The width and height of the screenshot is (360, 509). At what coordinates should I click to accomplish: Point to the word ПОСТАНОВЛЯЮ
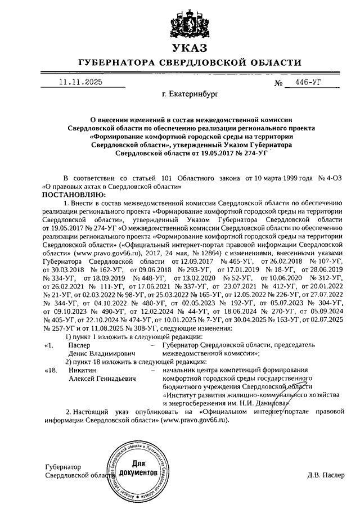[x=69, y=193]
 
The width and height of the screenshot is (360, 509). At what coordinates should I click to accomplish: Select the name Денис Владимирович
[x=100, y=353]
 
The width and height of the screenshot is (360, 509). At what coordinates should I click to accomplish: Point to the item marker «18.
[x=51, y=370]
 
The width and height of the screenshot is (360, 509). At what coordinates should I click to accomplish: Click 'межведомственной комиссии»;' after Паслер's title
[x=209, y=353]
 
